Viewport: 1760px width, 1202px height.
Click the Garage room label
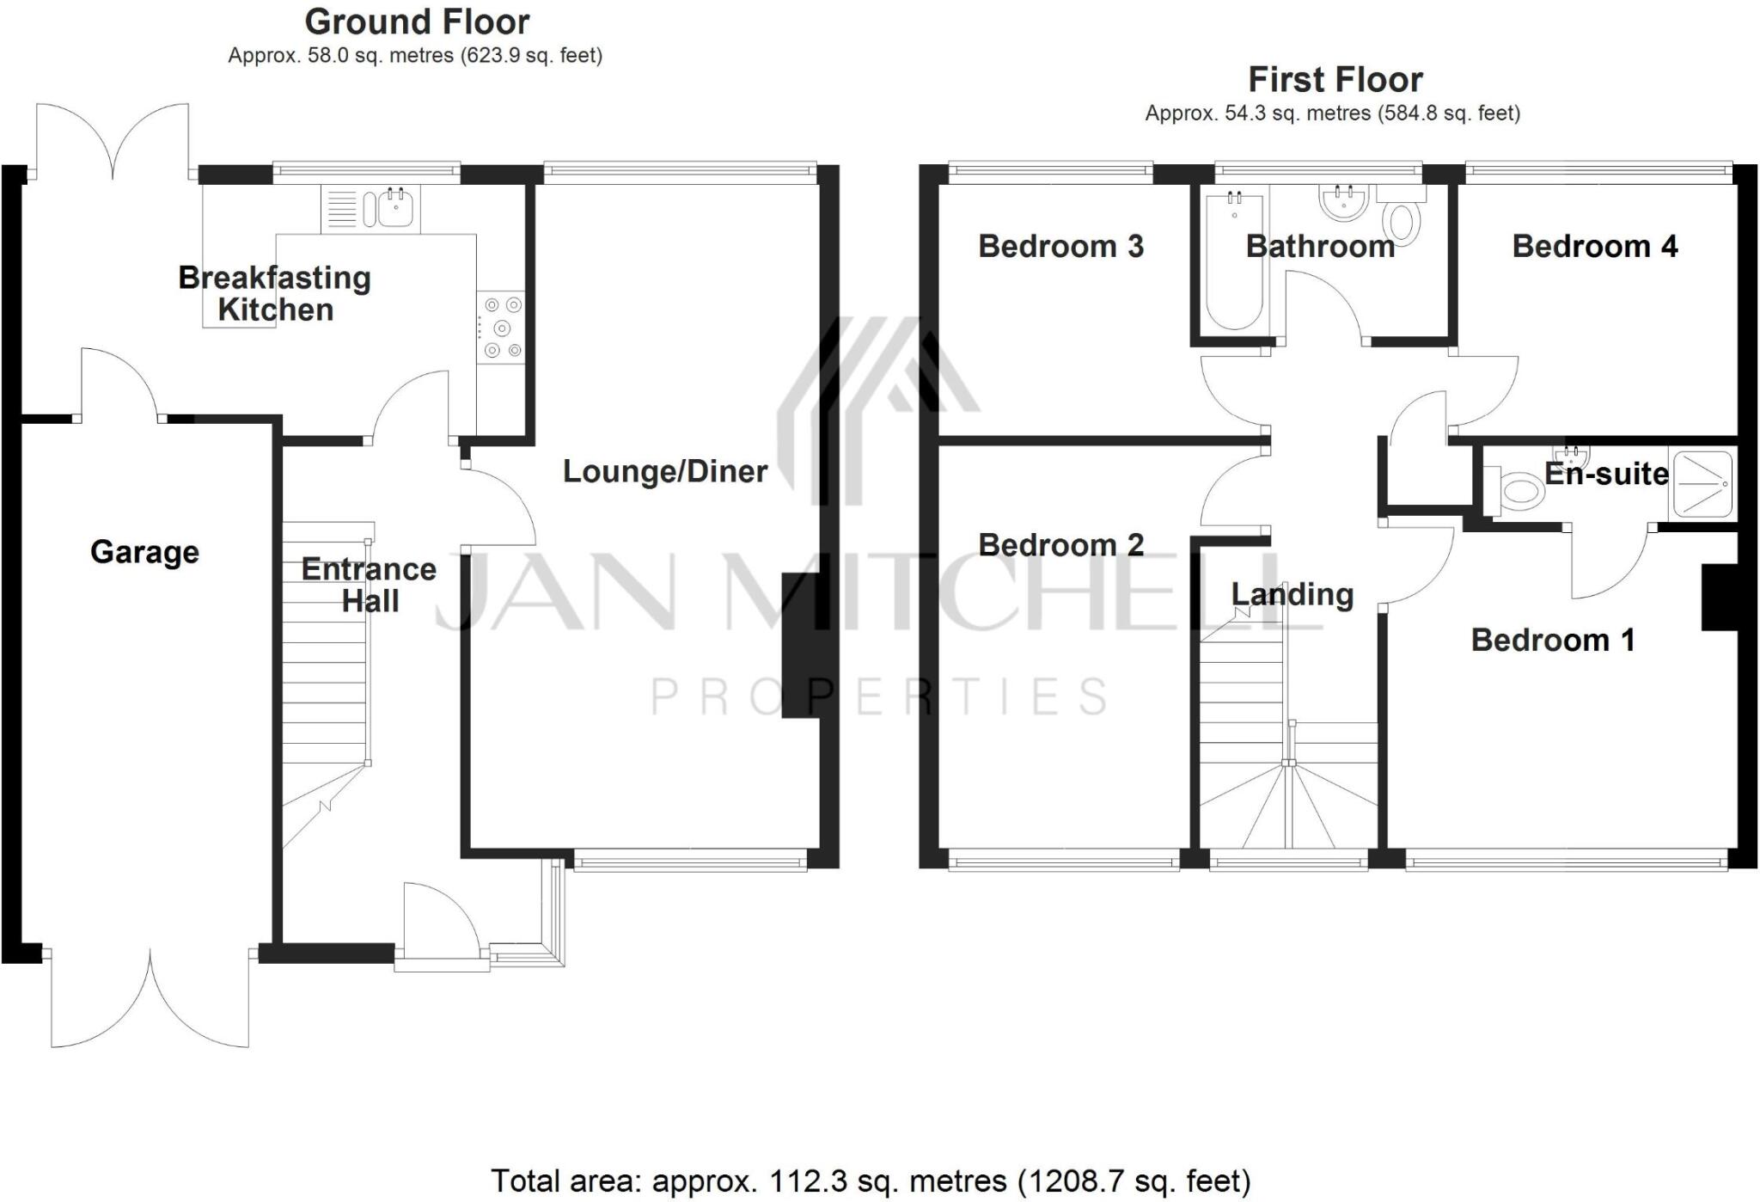coord(144,552)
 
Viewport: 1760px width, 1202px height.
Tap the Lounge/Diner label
coord(665,471)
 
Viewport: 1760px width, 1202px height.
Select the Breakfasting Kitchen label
coord(275,293)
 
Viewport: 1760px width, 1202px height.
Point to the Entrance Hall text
coord(370,585)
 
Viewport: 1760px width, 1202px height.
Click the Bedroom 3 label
coord(1060,247)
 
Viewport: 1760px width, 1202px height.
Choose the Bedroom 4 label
coord(1594,247)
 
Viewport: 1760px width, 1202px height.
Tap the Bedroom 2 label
coord(1060,545)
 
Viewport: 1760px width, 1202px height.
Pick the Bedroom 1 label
coord(1552,641)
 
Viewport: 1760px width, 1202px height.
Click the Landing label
coord(1292,594)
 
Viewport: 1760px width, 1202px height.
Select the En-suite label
coord(1606,474)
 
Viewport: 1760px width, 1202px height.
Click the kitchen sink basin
coord(396,207)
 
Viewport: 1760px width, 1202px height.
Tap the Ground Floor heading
coord(417,21)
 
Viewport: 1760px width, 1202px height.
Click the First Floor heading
coord(1335,80)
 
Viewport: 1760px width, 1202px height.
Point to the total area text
coord(870,1181)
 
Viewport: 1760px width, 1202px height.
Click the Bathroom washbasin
coord(1342,202)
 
